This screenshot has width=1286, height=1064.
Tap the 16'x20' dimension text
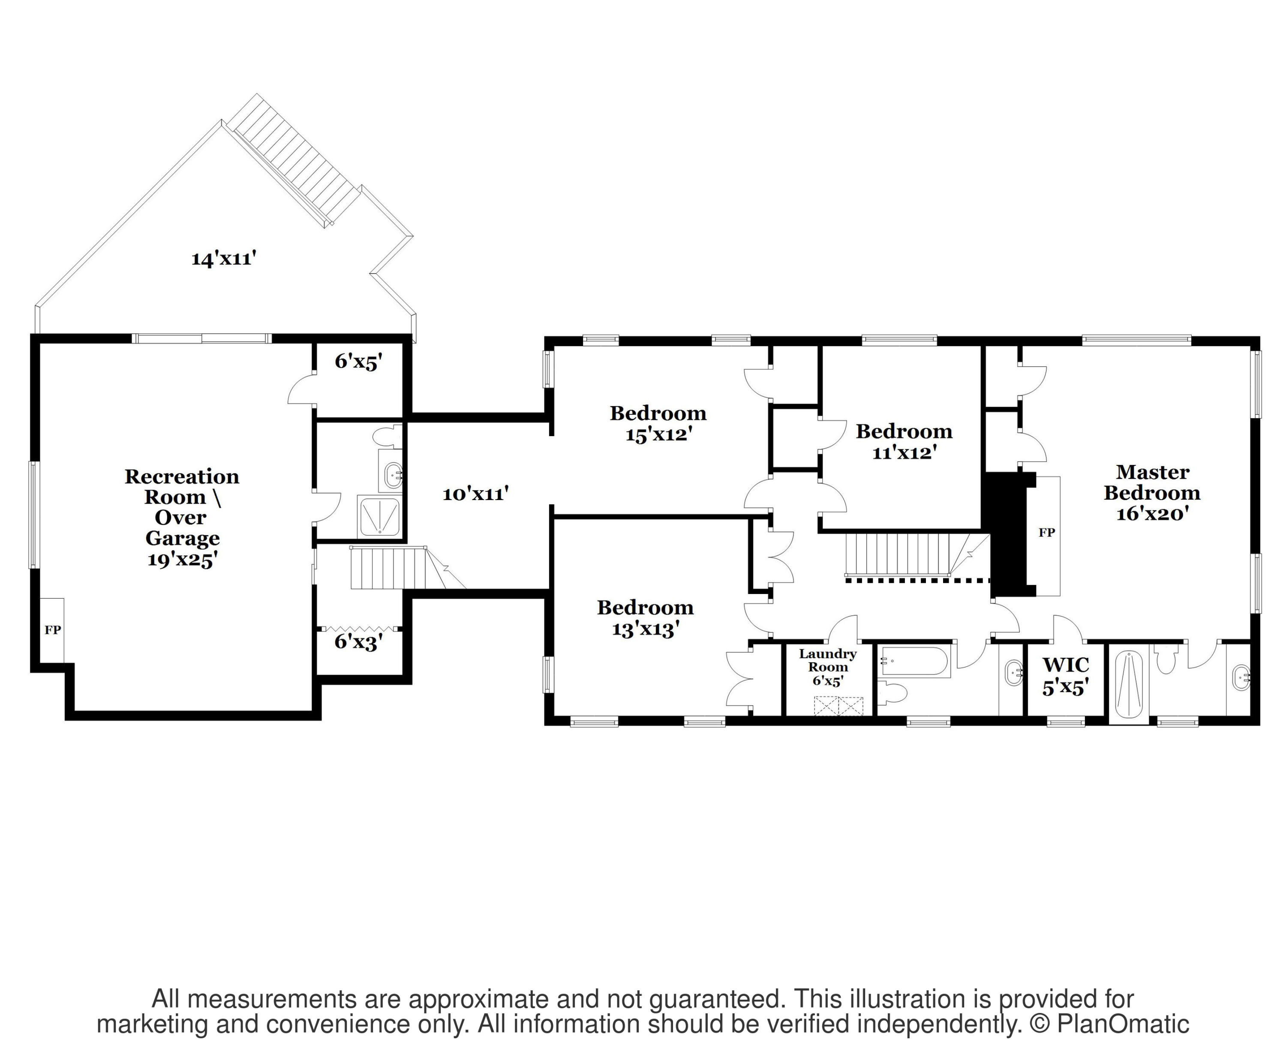[1152, 513]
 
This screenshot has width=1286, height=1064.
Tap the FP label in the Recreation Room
[53, 630]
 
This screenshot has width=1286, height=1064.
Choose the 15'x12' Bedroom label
[658, 424]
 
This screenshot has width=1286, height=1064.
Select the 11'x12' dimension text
[904, 453]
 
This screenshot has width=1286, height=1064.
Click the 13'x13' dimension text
[646, 629]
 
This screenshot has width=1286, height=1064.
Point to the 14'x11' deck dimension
[223, 259]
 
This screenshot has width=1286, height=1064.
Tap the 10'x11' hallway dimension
[476, 494]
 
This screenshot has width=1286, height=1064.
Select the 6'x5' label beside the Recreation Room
[358, 362]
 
